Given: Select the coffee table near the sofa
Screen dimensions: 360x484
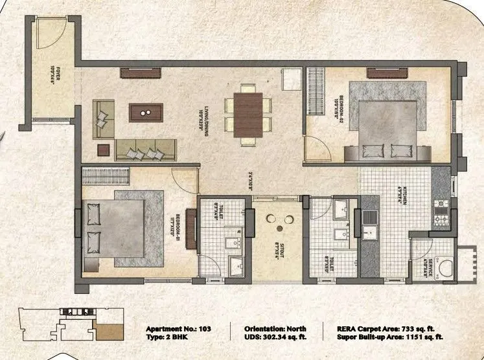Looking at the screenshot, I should pos(146,113).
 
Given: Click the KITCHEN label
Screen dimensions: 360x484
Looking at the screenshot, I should pos(401,193).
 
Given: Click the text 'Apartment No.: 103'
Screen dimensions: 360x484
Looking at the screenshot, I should pos(178,328).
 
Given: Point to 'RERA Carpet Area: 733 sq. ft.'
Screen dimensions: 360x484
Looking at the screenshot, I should pos(390,328).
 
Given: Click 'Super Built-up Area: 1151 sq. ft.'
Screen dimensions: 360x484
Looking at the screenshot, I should pos(390,337).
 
